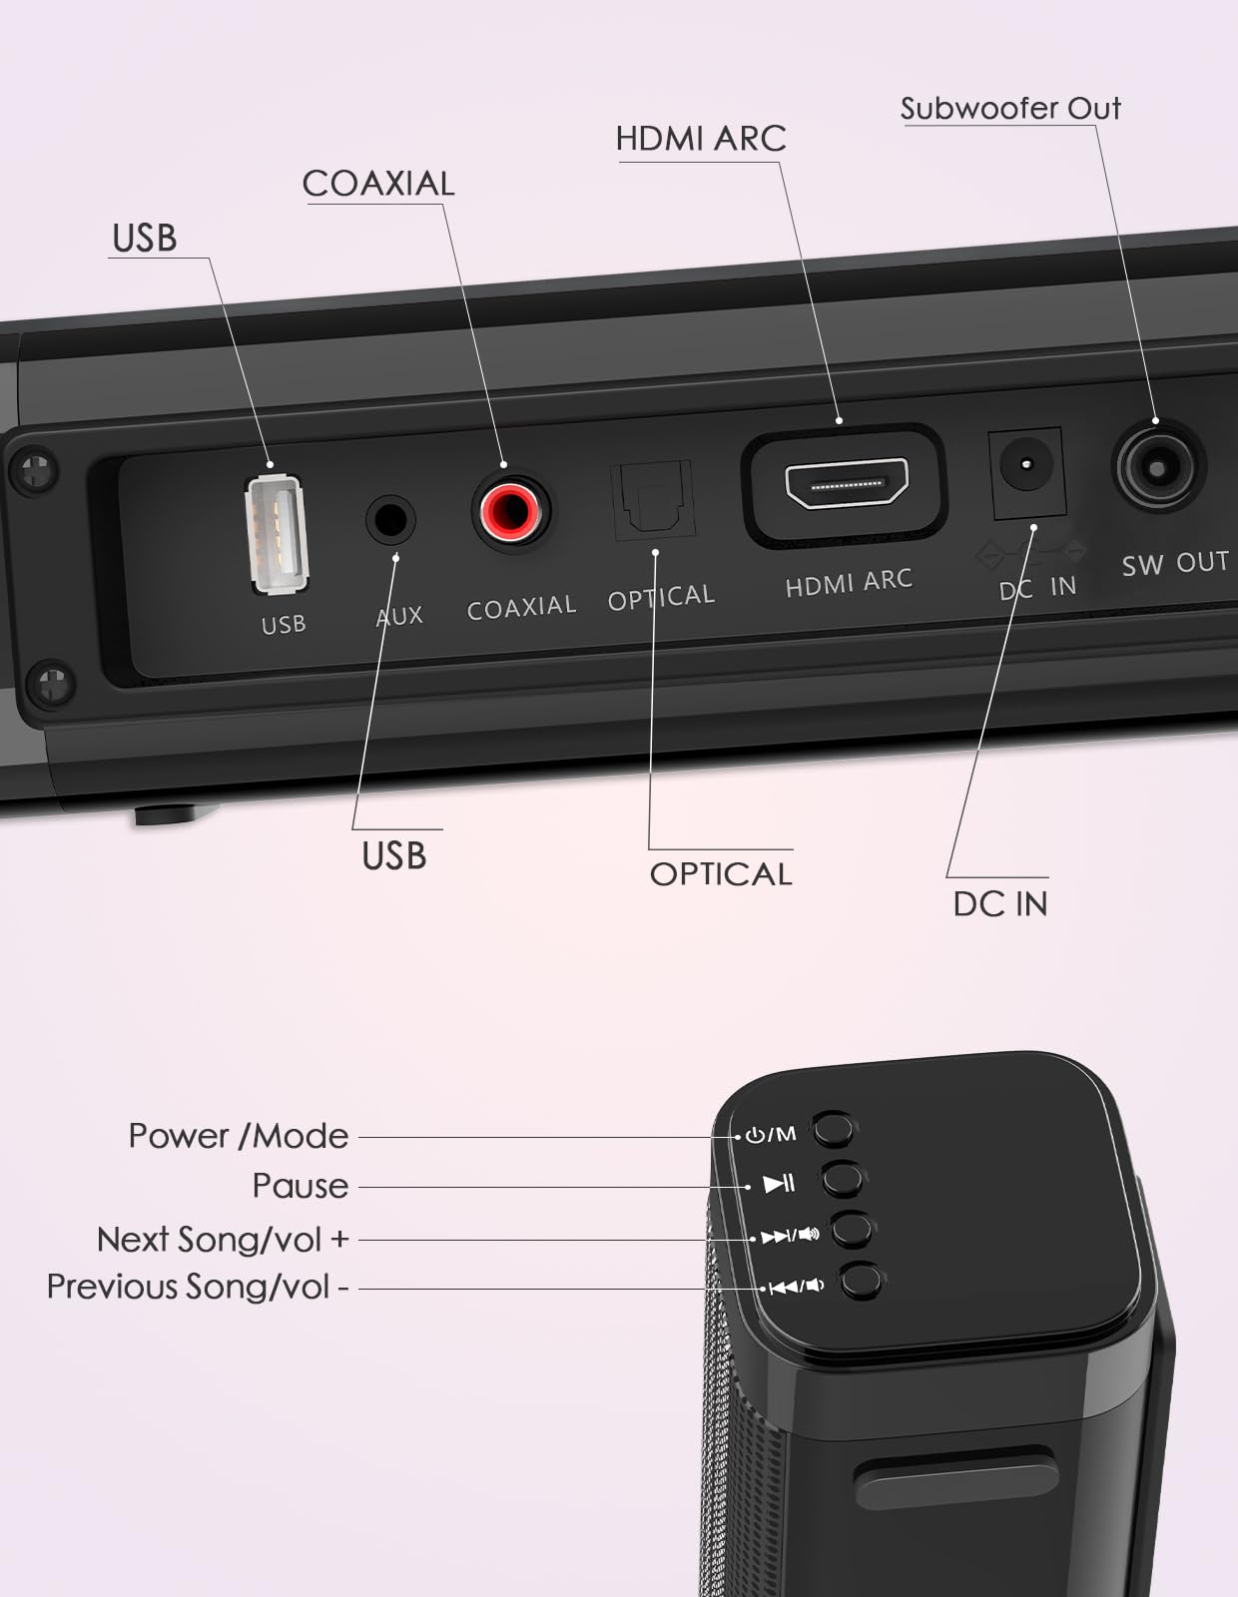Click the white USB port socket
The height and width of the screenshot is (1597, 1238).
pyautogui.click(x=277, y=534)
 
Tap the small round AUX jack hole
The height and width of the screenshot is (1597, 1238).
pyautogui.click(x=389, y=520)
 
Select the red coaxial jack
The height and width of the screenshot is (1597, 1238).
pyautogui.click(x=510, y=510)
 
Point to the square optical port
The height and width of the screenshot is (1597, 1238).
pyautogui.click(x=652, y=499)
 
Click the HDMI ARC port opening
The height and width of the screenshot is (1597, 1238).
pyautogui.click(x=847, y=484)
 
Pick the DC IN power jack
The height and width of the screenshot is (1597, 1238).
pyautogui.click(x=1025, y=466)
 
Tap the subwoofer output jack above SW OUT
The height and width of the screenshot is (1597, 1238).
pyautogui.click(x=1156, y=467)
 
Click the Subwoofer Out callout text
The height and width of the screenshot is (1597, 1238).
pyautogui.click(x=1010, y=108)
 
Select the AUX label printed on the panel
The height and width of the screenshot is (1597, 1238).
pyautogui.click(x=399, y=616)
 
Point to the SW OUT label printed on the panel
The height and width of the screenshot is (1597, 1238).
pyautogui.click(x=1175, y=564)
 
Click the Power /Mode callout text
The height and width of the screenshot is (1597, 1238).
pyautogui.click(x=239, y=1136)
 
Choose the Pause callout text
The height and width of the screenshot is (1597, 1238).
pyautogui.click(x=301, y=1186)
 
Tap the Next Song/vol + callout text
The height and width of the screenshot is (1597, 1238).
pyautogui.click(x=223, y=1240)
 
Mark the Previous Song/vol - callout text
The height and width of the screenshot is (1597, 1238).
pyautogui.click(x=198, y=1287)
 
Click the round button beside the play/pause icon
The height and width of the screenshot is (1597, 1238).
pyautogui.click(x=843, y=1179)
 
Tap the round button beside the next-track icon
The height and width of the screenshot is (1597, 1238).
pyautogui.click(x=852, y=1230)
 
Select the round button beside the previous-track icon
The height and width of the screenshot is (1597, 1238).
pyautogui.click(x=861, y=1281)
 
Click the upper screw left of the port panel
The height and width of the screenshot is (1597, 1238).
pyautogui.click(x=35, y=469)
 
